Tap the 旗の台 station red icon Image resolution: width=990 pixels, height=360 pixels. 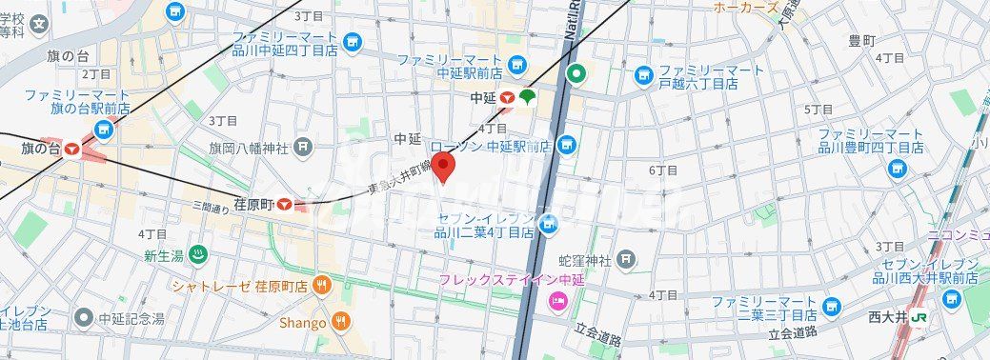coord(72,149)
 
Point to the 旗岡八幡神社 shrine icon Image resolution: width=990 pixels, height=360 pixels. coord(303,147)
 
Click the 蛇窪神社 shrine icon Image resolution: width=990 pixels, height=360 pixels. coord(625,258)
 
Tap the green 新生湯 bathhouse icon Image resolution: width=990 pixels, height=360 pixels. coord(198,253)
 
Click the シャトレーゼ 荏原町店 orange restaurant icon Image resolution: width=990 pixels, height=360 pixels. coord(324,284)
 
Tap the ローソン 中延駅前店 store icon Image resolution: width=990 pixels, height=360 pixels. coord(568,146)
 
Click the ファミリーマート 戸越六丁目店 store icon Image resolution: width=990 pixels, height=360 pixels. coord(643,73)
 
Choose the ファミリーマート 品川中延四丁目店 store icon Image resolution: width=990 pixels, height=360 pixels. coord(352,42)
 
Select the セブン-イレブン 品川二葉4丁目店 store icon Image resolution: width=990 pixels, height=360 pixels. coord(548,224)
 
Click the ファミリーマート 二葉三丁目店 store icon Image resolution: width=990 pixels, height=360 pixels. coord(833,308)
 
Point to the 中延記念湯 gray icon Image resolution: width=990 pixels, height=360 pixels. coord(85,317)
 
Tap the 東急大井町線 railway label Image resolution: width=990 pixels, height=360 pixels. coord(399,179)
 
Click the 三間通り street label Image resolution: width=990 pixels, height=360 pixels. coord(212,207)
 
